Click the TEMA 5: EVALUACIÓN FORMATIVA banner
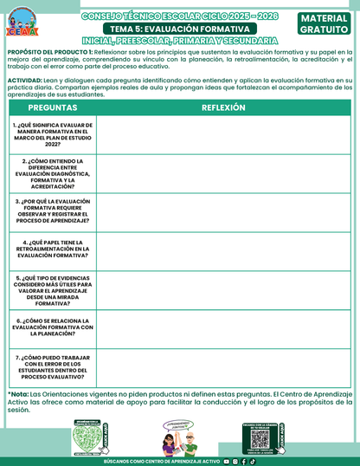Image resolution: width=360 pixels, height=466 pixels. click(179, 29)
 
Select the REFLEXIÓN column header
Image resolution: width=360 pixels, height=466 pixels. click(223, 107)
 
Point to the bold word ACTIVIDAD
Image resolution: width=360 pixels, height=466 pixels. click(24, 79)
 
